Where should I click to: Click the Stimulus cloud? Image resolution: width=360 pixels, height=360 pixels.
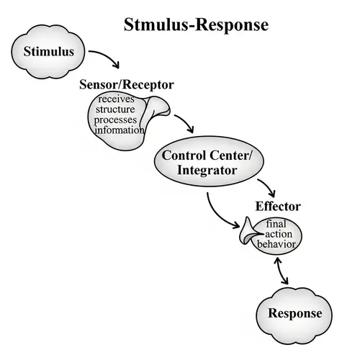coord(48,53)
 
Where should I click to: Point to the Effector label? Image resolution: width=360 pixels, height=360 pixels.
coord(278,207)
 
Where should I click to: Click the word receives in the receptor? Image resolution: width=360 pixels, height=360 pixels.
coord(117,99)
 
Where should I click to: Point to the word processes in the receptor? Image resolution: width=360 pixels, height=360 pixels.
coord(116,120)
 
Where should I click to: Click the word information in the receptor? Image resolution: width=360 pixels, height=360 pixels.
coord(117,131)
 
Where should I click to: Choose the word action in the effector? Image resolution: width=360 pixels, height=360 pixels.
coord(278,234)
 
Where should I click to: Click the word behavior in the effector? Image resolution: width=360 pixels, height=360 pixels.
coord(276,245)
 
